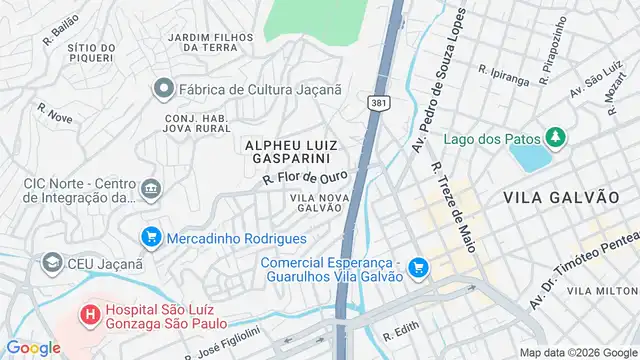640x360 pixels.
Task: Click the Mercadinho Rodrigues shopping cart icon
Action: pos(151,237)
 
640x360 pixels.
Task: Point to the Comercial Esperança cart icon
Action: pos(418,267)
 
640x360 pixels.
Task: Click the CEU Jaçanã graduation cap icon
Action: pos(51,263)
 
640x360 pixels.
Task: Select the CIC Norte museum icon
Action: pos(151,187)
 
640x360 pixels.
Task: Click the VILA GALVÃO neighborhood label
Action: pos(561,197)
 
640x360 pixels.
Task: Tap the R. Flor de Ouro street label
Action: pos(305,177)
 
